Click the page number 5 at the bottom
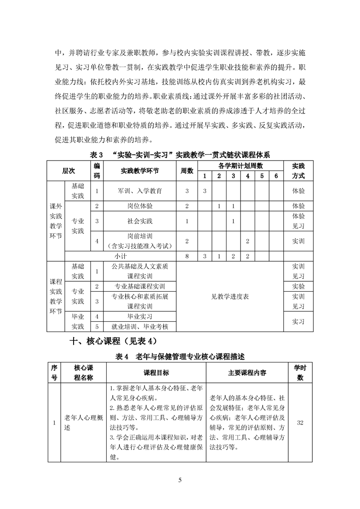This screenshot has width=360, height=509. tap(180, 480)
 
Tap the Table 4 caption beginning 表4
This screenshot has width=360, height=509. tap(181, 357)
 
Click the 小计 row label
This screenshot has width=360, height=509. tap(120, 256)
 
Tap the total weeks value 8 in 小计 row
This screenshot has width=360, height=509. tap(187, 256)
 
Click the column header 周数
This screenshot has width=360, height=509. tap(187, 171)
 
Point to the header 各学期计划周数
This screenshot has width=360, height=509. tap(241, 166)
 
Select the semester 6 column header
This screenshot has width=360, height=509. tap(276, 176)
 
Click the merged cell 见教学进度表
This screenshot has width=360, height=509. tap(230, 297)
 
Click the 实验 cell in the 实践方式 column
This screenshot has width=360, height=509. tap(298, 286)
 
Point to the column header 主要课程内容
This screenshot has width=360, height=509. tap(247, 373)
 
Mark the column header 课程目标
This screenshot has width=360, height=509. tap(156, 373)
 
